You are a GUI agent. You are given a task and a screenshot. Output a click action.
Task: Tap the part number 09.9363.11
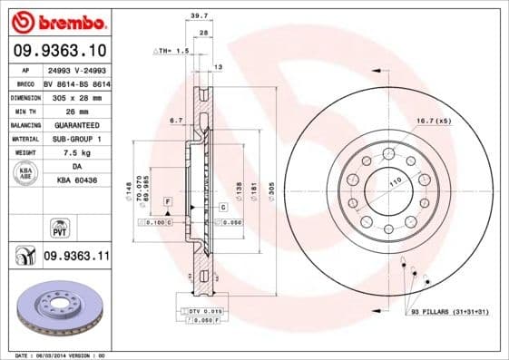click(76, 257)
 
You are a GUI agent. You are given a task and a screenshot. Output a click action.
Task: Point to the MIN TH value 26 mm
click(75, 110)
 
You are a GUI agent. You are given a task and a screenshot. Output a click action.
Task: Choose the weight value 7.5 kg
click(75, 152)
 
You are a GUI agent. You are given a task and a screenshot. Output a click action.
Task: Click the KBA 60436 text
click(75, 181)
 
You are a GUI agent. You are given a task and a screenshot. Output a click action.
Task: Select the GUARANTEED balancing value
click(75, 124)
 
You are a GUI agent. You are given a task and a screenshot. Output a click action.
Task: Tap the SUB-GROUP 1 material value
click(75, 139)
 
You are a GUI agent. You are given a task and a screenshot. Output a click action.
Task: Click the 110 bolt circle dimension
click(395, 185)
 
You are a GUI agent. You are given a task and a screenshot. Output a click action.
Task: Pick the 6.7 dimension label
click(178, 120)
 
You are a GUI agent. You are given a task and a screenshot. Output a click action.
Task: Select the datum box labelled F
click(168, 199)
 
